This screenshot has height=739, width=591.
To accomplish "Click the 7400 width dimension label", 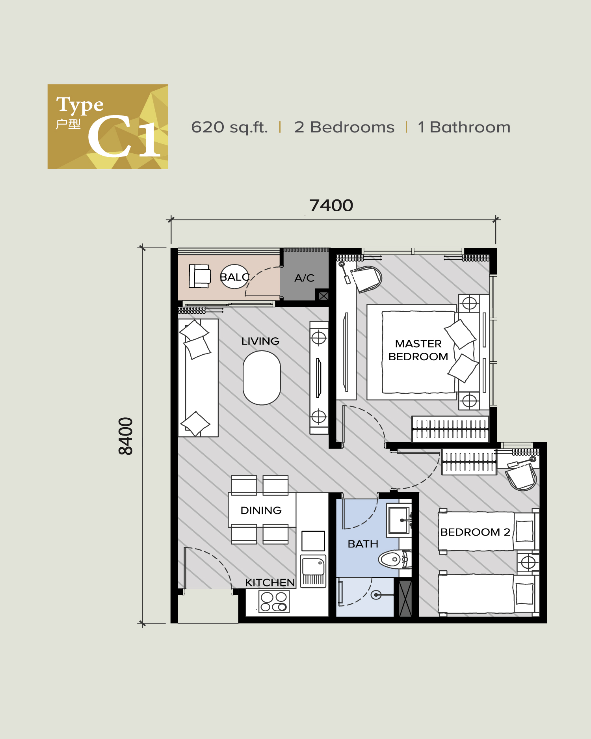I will coord(331,205).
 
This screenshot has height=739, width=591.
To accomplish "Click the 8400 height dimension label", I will coord(126,436).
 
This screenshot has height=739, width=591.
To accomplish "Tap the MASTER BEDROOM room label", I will coord(418,350).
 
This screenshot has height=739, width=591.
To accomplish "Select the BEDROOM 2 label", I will coord(475,532).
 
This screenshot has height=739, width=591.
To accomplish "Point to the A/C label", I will coord(305,278).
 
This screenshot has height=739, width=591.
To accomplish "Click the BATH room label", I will coord(363,544).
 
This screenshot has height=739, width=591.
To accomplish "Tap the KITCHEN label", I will coord(270,583).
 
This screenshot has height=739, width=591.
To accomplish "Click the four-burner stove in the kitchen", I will coord(274,602).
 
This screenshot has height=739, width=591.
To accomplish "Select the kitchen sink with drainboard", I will coord(313,571).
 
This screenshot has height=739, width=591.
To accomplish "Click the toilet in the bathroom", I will coord(394,559).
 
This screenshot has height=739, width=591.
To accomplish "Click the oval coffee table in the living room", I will coord(262,378).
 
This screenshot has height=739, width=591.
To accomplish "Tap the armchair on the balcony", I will coord(200,276).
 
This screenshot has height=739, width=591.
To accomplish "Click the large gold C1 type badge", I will coord(108,127).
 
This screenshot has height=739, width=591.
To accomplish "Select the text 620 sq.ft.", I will coord(229,127).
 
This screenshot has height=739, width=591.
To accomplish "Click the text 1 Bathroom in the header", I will coord(464,127).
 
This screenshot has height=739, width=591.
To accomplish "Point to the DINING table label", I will coord(261,510).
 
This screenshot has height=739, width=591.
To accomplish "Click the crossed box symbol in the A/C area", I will coord(323,296).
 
